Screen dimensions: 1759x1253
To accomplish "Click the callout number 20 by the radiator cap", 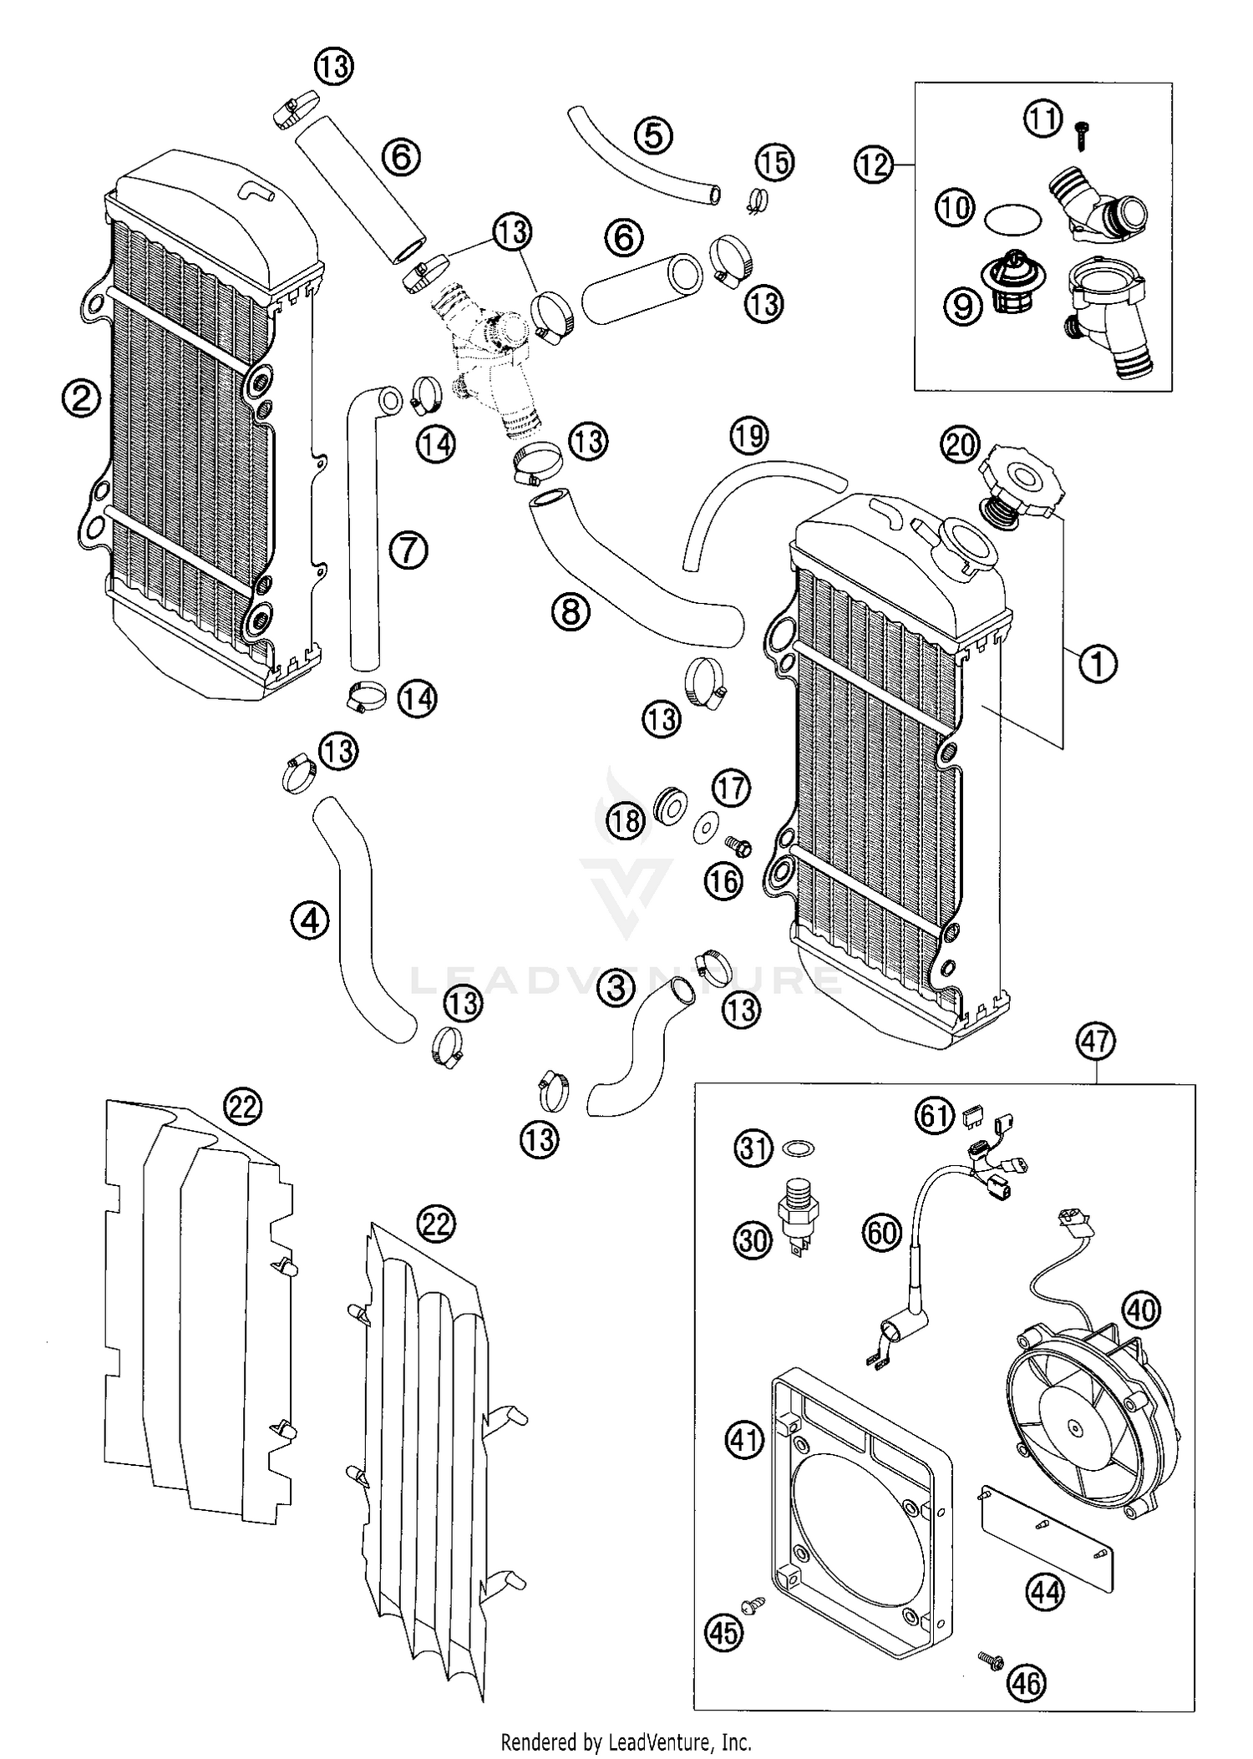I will (961, 444).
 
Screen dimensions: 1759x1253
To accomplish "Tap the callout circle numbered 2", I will (81, 398).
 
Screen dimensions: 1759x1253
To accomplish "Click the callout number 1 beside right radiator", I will (1098, 664).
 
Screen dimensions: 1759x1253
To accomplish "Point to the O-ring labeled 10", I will (1012, 221).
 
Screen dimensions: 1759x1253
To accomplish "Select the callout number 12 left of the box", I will (873, 165).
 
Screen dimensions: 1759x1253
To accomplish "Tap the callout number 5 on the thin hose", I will (653, 134).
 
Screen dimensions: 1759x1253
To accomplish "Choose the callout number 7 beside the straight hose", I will (408, 550).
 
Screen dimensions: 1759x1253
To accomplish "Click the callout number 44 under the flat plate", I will (1045, 1593).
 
